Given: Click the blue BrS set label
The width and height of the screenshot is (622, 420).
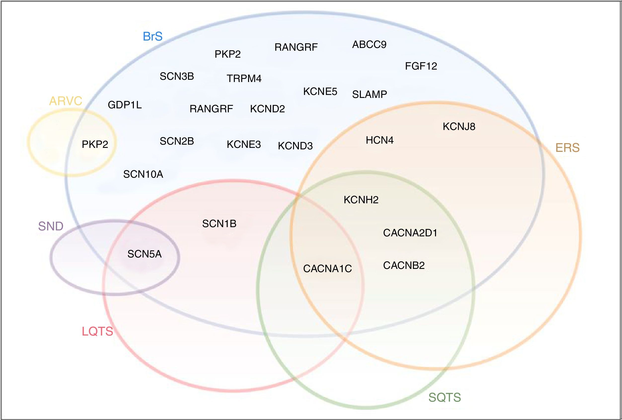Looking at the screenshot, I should point(152,37).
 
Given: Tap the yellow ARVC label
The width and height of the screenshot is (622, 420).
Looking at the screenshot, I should point(66,101).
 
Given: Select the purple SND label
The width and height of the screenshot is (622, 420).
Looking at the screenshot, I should point(51,226).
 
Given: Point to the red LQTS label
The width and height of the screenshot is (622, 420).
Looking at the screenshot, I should point(97,332).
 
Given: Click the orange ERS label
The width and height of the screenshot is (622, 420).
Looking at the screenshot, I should point(567,148).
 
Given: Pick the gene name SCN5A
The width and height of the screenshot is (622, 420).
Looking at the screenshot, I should point(145,254).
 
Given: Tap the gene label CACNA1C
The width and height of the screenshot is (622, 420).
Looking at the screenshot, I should point(327,269).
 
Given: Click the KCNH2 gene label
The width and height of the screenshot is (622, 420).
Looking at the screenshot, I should point(361,200).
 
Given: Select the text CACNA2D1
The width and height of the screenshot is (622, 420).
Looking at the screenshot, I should point(410,233).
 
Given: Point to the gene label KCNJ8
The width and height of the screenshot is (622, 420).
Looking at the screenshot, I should point(459,126).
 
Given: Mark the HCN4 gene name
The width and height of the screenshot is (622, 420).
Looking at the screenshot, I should point(379,140).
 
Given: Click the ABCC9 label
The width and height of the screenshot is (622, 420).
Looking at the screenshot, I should point(369,44).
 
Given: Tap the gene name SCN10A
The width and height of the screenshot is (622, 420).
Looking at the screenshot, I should point(143,174).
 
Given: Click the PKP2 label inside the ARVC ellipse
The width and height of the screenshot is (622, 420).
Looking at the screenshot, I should point(95,144).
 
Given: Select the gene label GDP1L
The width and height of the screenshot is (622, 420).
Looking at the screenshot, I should point(125,105).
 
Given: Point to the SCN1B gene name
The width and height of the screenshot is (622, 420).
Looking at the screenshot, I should point(219,224).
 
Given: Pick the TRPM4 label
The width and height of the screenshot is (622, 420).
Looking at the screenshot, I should point(244,79).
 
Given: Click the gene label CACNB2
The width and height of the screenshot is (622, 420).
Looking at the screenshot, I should point(404,265).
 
